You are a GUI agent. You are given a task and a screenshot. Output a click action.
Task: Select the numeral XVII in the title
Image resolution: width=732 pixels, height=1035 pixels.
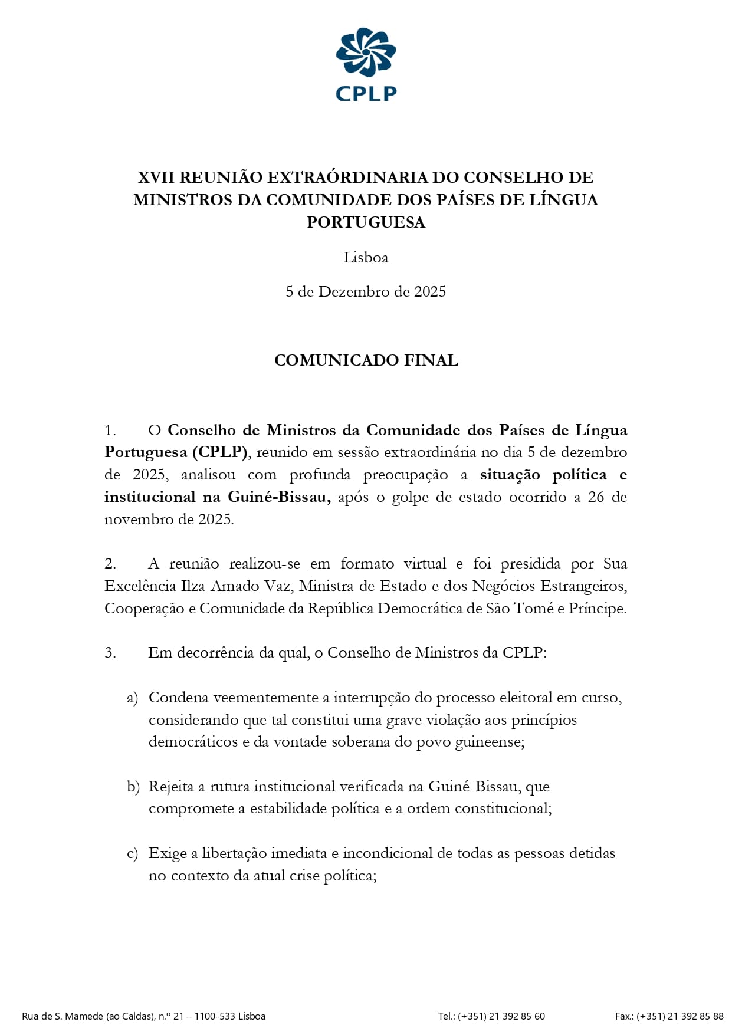tap(156, 178)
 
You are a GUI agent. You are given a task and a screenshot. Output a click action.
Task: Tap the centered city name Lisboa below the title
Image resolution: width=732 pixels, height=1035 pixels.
tap(366, 258)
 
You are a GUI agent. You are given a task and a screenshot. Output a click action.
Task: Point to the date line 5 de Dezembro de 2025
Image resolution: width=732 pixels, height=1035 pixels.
tap(366, 292)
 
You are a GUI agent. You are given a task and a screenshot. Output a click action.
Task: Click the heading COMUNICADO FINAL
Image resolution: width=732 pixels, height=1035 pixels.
tap(366, 360)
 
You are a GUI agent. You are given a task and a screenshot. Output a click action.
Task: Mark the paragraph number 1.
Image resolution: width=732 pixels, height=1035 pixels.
tap(110, 431)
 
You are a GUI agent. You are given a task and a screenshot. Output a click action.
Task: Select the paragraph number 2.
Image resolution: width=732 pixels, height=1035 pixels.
tap(110, 564)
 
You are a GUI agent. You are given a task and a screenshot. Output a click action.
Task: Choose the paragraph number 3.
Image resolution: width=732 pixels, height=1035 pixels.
tap(110, 653)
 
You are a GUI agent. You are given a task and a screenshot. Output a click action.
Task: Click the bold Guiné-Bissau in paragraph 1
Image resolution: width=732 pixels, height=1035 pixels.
tap(279, 497)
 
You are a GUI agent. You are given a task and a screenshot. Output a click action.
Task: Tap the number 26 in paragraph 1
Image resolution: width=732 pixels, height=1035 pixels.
tap(596, 497)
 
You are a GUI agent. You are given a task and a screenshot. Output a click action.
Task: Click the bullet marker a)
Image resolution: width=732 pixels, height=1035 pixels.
tap(133, 698)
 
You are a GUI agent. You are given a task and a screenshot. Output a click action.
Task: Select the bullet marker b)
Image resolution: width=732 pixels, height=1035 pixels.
tap(133, 787)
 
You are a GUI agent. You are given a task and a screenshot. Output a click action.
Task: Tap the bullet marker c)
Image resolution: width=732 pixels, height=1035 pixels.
tap(133, 854)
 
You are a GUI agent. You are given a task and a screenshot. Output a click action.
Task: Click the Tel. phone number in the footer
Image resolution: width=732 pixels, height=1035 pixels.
tap(501, 1016)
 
